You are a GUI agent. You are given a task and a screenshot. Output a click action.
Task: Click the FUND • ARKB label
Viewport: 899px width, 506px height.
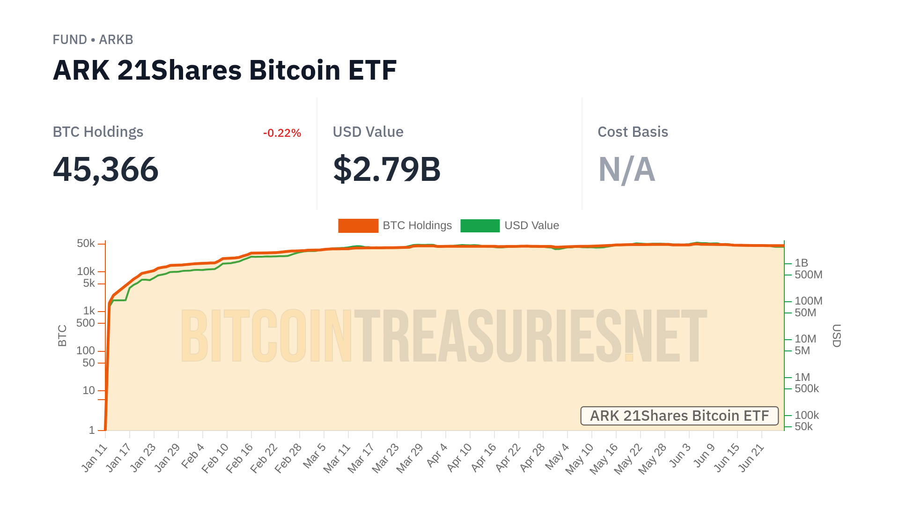(93, 40)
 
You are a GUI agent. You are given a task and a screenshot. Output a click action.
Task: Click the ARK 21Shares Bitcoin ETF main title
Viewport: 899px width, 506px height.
(225, 70)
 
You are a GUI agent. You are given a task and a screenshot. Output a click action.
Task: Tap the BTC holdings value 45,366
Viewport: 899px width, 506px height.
(106, 169)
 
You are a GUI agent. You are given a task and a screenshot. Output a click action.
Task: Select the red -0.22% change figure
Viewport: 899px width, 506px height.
(282, 133)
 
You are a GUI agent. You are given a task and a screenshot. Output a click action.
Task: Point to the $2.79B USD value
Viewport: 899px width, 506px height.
(387, 169)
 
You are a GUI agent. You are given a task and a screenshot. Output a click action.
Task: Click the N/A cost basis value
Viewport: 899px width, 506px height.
(626, 169)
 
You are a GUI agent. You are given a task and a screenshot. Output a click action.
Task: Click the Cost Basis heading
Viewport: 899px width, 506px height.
(633, 132)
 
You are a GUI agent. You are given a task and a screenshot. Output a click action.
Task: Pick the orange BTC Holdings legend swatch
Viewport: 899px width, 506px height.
(358, 226)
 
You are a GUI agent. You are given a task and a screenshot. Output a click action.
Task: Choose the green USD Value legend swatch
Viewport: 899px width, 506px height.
(480, 226)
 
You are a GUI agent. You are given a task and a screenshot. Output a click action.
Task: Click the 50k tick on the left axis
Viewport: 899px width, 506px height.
(86, 244)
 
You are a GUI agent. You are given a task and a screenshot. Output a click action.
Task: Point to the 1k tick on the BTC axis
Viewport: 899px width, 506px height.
(89, 311)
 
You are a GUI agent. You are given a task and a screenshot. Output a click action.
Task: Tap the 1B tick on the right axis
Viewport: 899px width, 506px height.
(801, 263)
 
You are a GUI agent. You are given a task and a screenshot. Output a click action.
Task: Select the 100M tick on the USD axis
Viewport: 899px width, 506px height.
(808, 301)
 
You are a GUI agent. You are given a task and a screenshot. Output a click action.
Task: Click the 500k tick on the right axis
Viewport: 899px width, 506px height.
(806, 389)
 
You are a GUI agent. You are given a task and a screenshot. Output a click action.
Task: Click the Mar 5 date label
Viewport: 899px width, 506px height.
(315, 455)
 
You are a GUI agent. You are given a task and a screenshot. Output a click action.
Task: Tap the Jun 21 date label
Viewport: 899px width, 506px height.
(752, 457)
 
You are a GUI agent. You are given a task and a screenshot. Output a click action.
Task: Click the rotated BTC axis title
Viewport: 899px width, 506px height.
(62, 335)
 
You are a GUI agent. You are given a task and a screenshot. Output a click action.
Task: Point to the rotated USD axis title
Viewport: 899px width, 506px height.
(836, 335)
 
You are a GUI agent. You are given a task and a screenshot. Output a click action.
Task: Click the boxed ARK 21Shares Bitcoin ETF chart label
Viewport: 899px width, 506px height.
(679, 416)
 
